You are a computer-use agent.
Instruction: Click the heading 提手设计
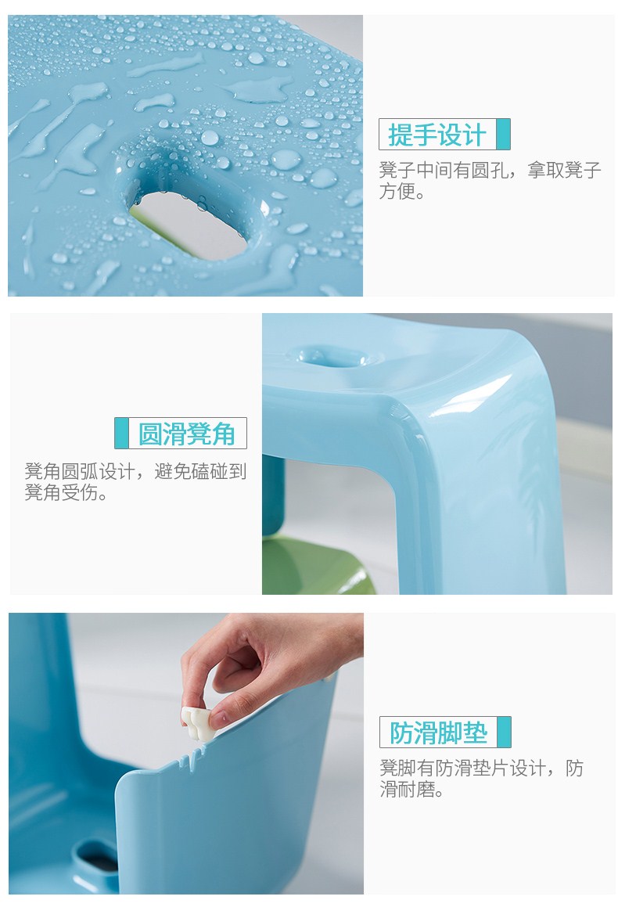point(437,135)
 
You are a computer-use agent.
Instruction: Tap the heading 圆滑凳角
point(186,434)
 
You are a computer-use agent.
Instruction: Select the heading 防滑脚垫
point(438,733)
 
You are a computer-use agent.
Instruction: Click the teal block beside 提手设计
point(503,134)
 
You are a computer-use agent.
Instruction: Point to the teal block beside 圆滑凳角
point(121,434)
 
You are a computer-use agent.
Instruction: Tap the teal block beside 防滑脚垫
point(504,732)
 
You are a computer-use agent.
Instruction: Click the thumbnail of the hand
point(220,720)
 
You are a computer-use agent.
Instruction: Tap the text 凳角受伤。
point(66,492)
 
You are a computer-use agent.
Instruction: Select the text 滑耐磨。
point(412,789)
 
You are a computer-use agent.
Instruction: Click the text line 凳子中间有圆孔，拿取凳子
point(490,171)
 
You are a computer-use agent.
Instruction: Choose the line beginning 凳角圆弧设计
point(135,471)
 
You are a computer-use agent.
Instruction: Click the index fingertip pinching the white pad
point(217,719)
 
